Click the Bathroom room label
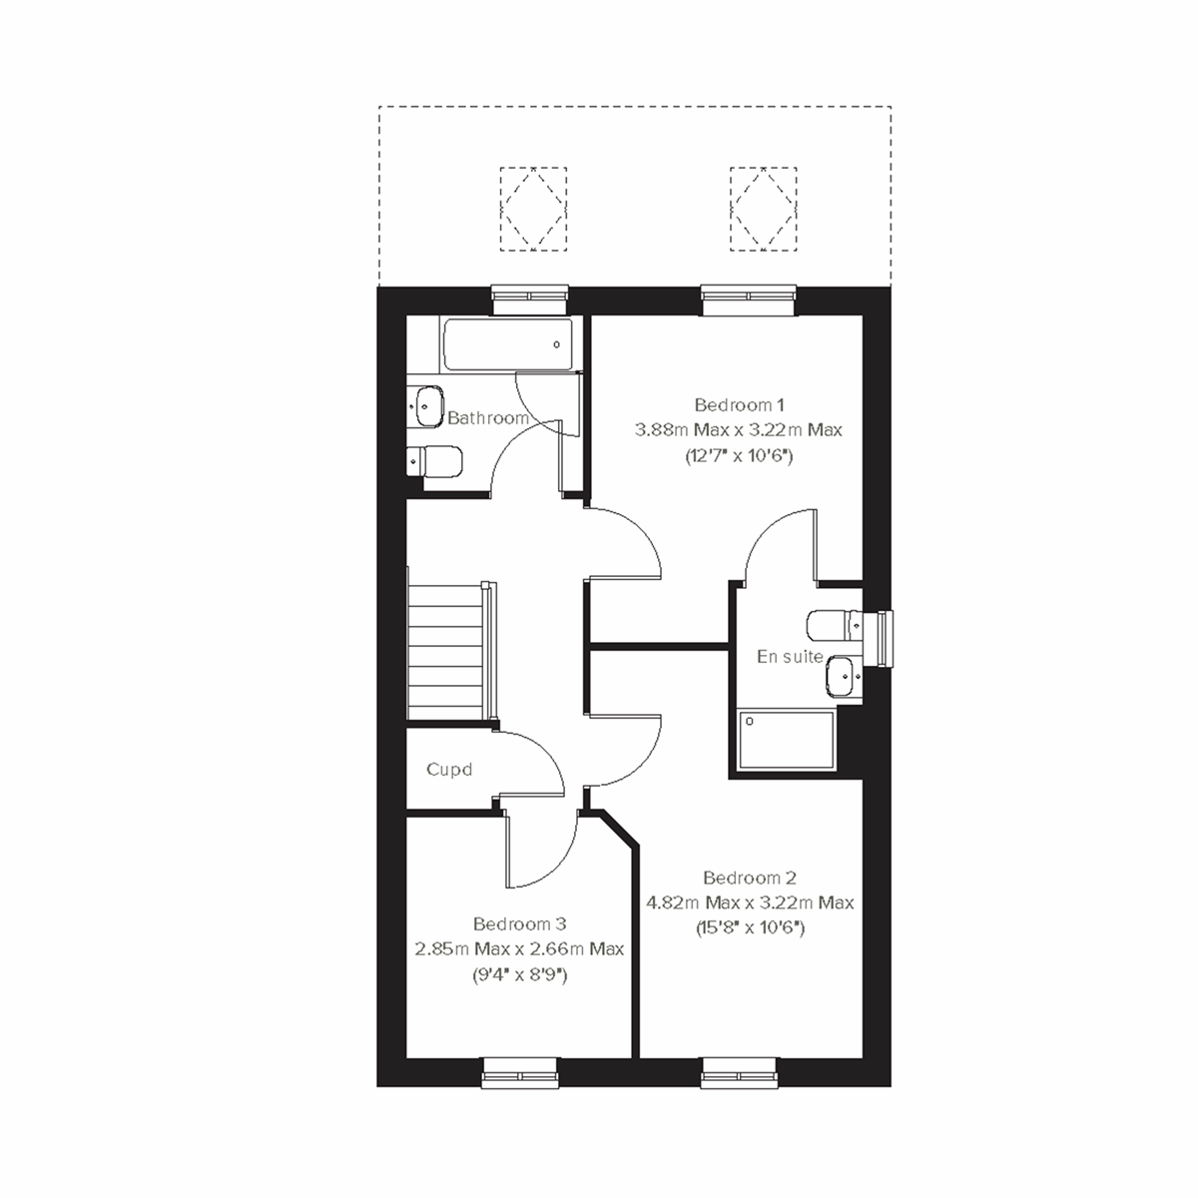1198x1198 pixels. [x=487, y=418]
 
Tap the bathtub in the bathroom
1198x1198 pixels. [x=507, y=344]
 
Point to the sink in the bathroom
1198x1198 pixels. [x=426, y=403]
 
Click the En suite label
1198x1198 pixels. [x=790, y=656]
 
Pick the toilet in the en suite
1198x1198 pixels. [x=835, y=624]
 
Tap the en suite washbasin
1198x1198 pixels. [x=843, y=677]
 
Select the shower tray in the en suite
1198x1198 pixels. [x=786, y=741]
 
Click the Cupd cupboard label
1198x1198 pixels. [x=448, y=770]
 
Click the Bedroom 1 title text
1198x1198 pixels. [x=739, y=404]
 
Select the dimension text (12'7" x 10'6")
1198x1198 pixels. [x=739, y=455]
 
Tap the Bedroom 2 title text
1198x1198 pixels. [x=749, y=878]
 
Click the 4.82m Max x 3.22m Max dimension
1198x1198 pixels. [x=749, y=902]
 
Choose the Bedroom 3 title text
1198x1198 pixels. [x=519, y=923]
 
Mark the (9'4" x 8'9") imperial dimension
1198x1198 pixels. [x=519, y=974]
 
